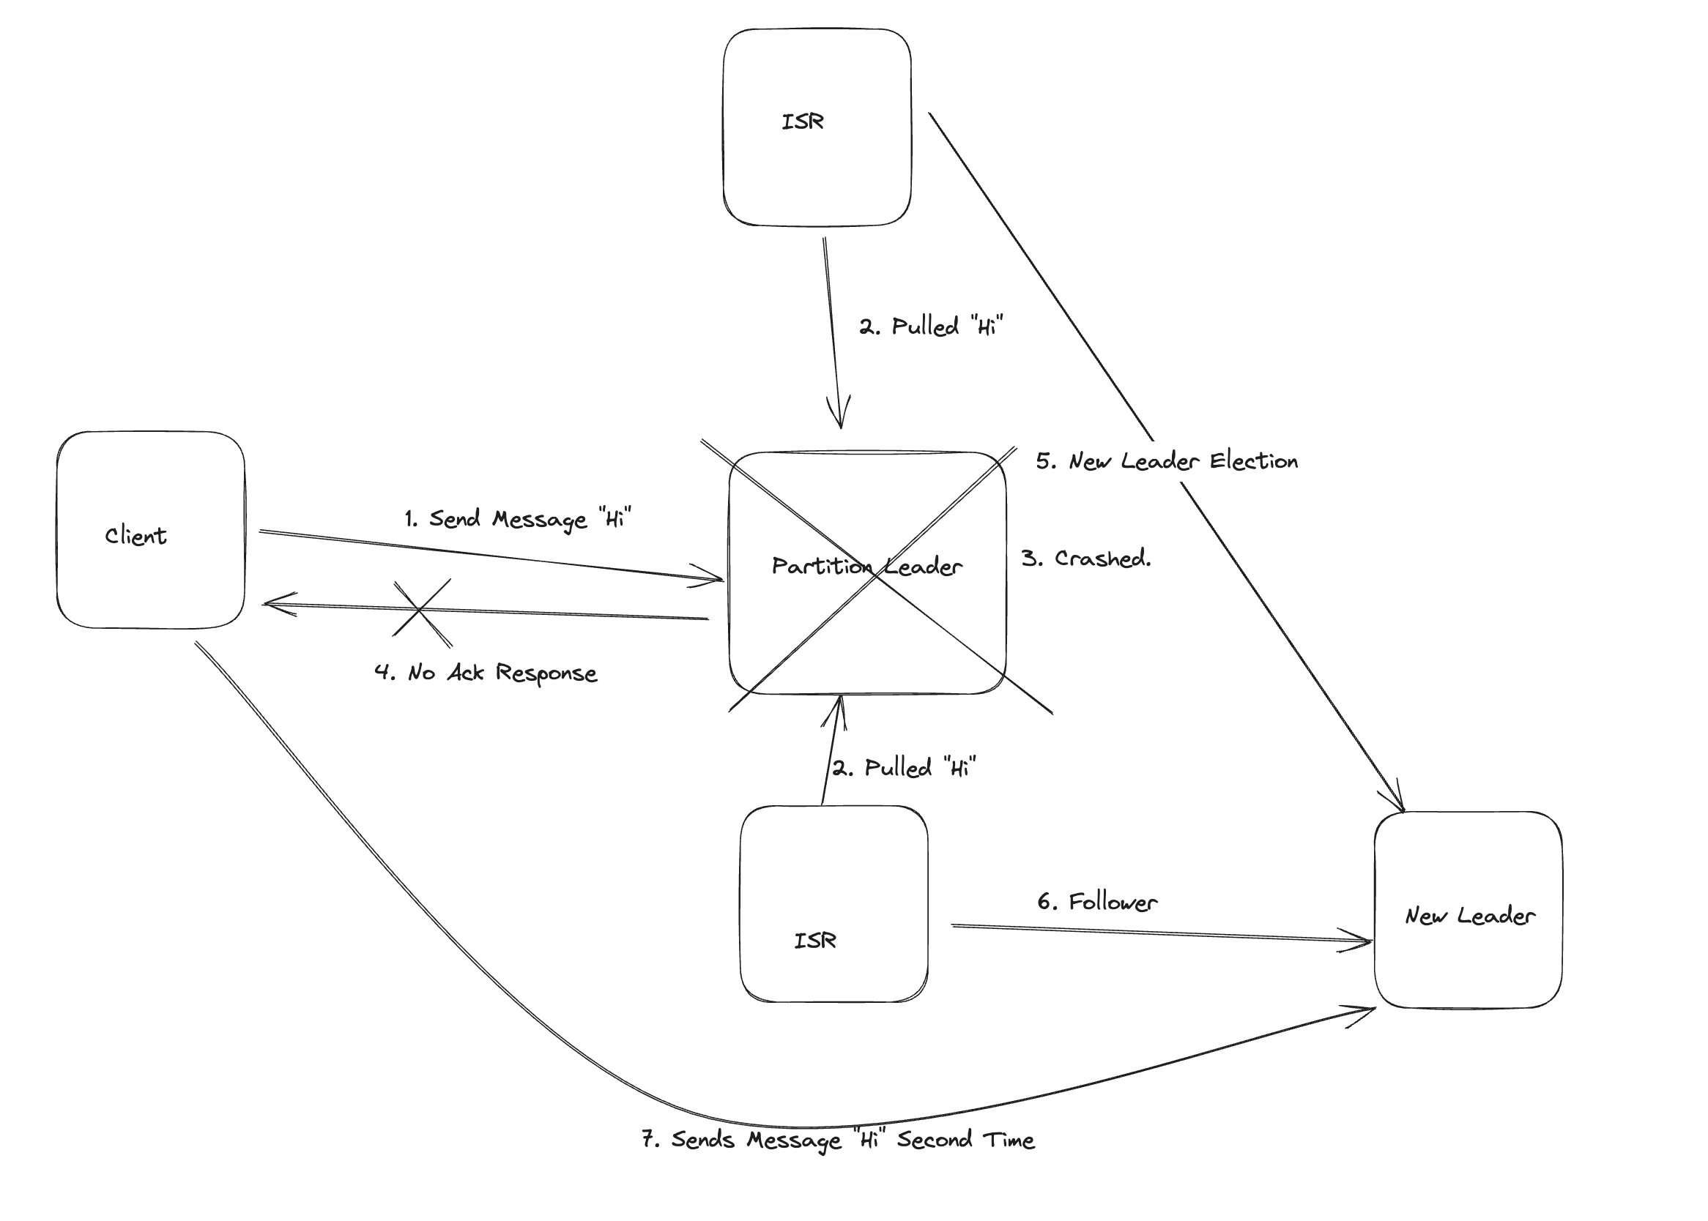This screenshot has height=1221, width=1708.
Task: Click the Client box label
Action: click(135, 536)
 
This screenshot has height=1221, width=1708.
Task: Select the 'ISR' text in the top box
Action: click(803, 122)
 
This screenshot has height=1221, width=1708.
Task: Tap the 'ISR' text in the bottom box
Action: click(815, 941)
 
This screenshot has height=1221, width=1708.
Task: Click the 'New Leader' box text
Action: click(1469, 916)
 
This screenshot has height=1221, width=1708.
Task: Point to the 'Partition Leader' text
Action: click(866, 566)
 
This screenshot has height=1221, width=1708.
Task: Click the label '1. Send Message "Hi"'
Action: click(517, 519)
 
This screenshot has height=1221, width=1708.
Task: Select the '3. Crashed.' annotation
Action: click(1086, 559)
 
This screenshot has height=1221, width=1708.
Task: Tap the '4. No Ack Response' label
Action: click(486, 673)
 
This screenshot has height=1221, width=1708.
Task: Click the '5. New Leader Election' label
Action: click(1167, 461)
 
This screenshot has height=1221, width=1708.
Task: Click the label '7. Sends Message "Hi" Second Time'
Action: click(838, 1140)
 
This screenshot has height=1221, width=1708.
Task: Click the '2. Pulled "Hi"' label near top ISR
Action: click(931, 326)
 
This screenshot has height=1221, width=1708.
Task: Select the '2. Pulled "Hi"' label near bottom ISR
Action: click(904, 768)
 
